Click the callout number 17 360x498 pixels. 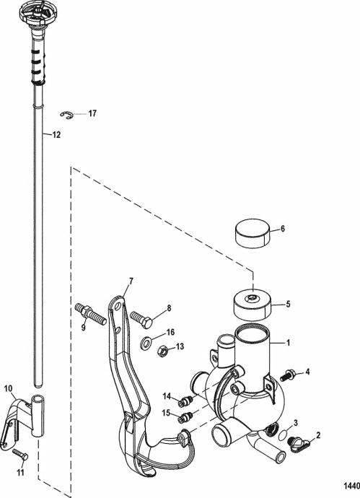92,113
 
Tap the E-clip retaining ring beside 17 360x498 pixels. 66,115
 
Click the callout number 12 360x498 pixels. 56,135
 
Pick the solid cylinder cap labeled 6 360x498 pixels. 253,233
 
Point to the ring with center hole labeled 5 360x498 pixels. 253,305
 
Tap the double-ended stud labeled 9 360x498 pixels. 90,314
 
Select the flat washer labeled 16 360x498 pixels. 146,343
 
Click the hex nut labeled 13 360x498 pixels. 163,351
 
